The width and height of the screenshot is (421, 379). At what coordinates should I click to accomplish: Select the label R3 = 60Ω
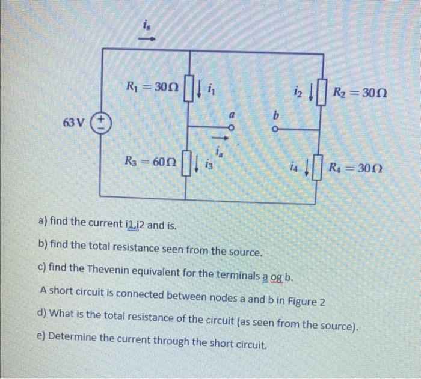point(149,161)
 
